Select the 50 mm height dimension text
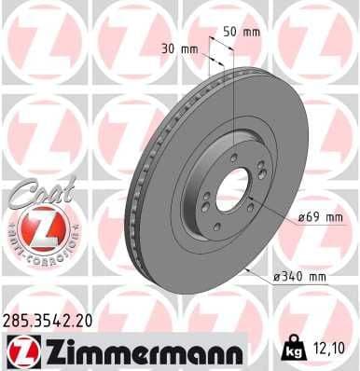(x=244, y=32)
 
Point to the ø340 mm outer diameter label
(x=301, y=276)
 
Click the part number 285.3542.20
(x=48, y=321)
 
